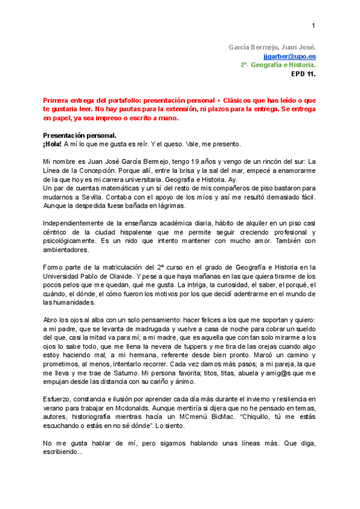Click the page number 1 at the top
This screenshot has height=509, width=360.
[313, 25]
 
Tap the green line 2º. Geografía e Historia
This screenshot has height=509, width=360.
[278, 65]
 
